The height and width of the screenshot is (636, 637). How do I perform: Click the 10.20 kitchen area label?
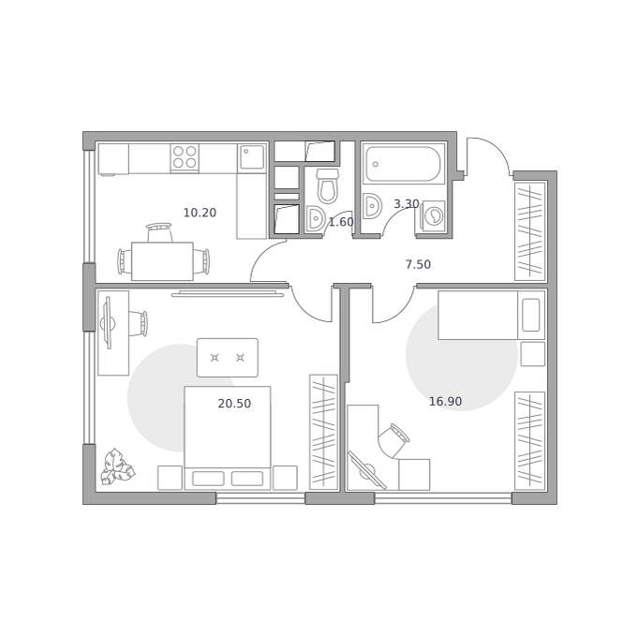(x=200, y=213)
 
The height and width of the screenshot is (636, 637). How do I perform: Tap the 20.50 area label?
(x=234, y=404)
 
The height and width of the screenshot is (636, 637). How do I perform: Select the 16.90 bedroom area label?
(x=445, y=401)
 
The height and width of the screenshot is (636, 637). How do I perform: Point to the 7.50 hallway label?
(x=418, y=264)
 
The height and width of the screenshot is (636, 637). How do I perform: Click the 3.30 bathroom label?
(x=407, y=203)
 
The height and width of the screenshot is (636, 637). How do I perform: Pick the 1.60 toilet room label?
(x=341, y=222)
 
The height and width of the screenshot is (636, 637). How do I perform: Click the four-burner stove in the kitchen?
(x=185, y=157)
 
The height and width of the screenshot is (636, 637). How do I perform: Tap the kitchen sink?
(x=252, y=157)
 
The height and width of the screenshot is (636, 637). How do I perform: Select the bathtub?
(x=403, y=164)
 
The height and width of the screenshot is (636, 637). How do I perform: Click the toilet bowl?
(x=328, y=186)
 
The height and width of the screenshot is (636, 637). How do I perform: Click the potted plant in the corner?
(x=117, y=467)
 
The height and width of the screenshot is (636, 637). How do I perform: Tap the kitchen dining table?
(x=162, y=261)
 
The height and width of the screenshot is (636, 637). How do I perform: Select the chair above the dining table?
(x=159, y=232)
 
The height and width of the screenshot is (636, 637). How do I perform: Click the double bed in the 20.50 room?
(x=228, y=437)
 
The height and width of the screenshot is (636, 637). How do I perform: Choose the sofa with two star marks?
(x=228, y=358)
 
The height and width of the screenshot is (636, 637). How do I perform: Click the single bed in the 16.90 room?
(x=491, y=315)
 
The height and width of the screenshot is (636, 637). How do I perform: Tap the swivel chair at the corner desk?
(x=393, y=440)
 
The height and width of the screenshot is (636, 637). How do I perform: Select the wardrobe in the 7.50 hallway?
(x=530, y=231)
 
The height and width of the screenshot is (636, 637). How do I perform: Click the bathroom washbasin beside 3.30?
(x=372, y=205)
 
